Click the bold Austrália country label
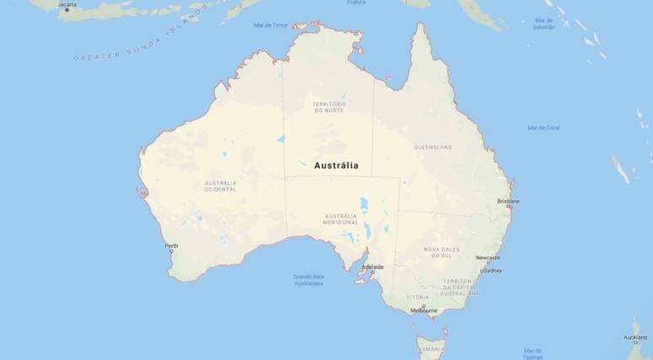[x=336, y=165]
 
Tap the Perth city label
[x=171, y=246]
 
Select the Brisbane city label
[x=508, y=201]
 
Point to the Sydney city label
[x=491, y=271]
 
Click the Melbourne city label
[x=424, y=310]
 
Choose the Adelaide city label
[x=372, y=266]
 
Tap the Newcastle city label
[x=488, y=257]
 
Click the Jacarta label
[x=67, y=4]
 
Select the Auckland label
[x=635, y=337]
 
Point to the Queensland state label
[x=433, y=147]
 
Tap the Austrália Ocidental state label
[x=220, y=185]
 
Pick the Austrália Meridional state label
[x=340, y=219]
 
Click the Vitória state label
[x=418, y=297]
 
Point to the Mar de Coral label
[x=543, y=127]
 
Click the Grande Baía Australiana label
[x=308, y=279]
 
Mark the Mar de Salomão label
[x=544, y=23]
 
